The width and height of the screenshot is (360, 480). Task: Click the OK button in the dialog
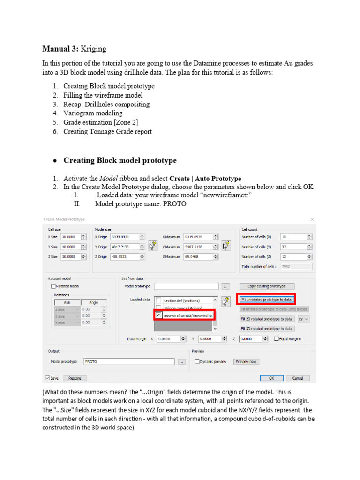tap(271, 378)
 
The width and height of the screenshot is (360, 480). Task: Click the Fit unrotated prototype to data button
tap(266, 299)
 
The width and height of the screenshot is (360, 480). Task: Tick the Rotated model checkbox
tap(53, 286)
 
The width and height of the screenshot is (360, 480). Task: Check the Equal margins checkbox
tap(277, 338)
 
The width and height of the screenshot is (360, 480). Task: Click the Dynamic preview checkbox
tap(197, 361)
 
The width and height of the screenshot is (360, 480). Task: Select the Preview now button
tap(246, 361)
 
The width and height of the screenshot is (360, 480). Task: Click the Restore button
tap(75, 378)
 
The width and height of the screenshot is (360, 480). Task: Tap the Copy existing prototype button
tap(266, 286)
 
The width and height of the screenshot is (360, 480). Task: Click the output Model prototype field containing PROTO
tap(129, 361)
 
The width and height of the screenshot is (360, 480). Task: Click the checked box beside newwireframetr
tap(159, 315)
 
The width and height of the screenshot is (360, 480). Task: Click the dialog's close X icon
tap(312, 219)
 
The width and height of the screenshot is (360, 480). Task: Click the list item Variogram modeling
tap(93, 113)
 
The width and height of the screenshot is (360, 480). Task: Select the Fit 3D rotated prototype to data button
tap(266, 329)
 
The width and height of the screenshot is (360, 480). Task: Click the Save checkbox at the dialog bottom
tap(48, 378)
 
